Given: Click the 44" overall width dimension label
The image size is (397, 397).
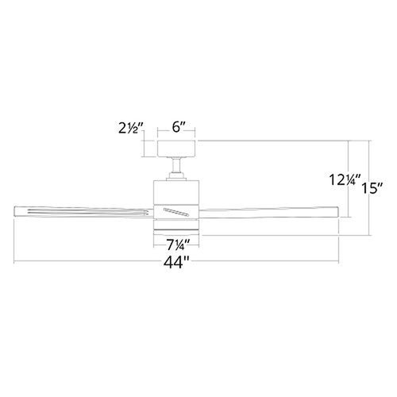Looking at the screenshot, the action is pos(176,263).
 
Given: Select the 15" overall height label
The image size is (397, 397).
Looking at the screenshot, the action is pos(372,188).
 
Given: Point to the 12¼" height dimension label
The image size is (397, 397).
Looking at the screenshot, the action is pos(345,179).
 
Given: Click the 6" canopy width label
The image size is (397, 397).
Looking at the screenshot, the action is pos(179,127).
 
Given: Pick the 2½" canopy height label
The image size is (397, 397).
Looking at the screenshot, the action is pos(131,128).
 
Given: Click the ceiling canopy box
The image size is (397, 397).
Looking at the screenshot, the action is pos(176,148).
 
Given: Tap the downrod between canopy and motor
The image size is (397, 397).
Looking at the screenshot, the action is pos(175,165).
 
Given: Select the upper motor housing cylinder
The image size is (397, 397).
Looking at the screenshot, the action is pos(176,193).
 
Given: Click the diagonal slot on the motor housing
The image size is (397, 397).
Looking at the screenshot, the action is pos(176,212).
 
